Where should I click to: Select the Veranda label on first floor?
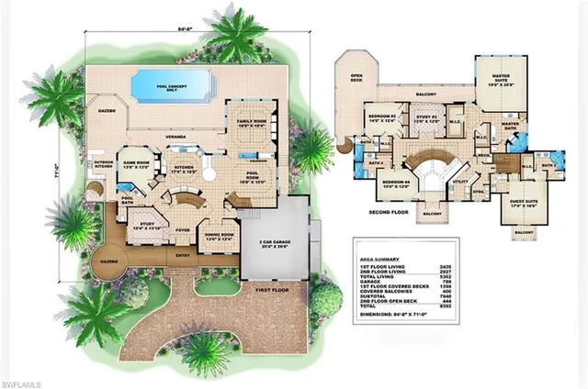(x=173, y=133)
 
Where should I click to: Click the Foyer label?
(x=181, y=217)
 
